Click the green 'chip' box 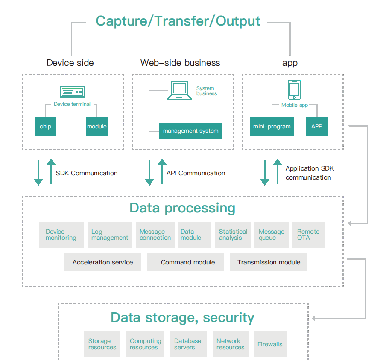45,127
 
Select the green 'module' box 97,127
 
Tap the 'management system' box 190,131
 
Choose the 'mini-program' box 272,127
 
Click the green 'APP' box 317,127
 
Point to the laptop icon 179,90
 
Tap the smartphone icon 294,90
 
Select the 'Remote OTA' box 308,235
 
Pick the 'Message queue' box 272,235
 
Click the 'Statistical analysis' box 233,235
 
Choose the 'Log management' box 110,235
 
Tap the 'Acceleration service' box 102,262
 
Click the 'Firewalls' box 270,344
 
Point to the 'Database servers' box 188,344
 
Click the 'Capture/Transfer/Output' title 178,21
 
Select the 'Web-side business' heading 180,63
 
